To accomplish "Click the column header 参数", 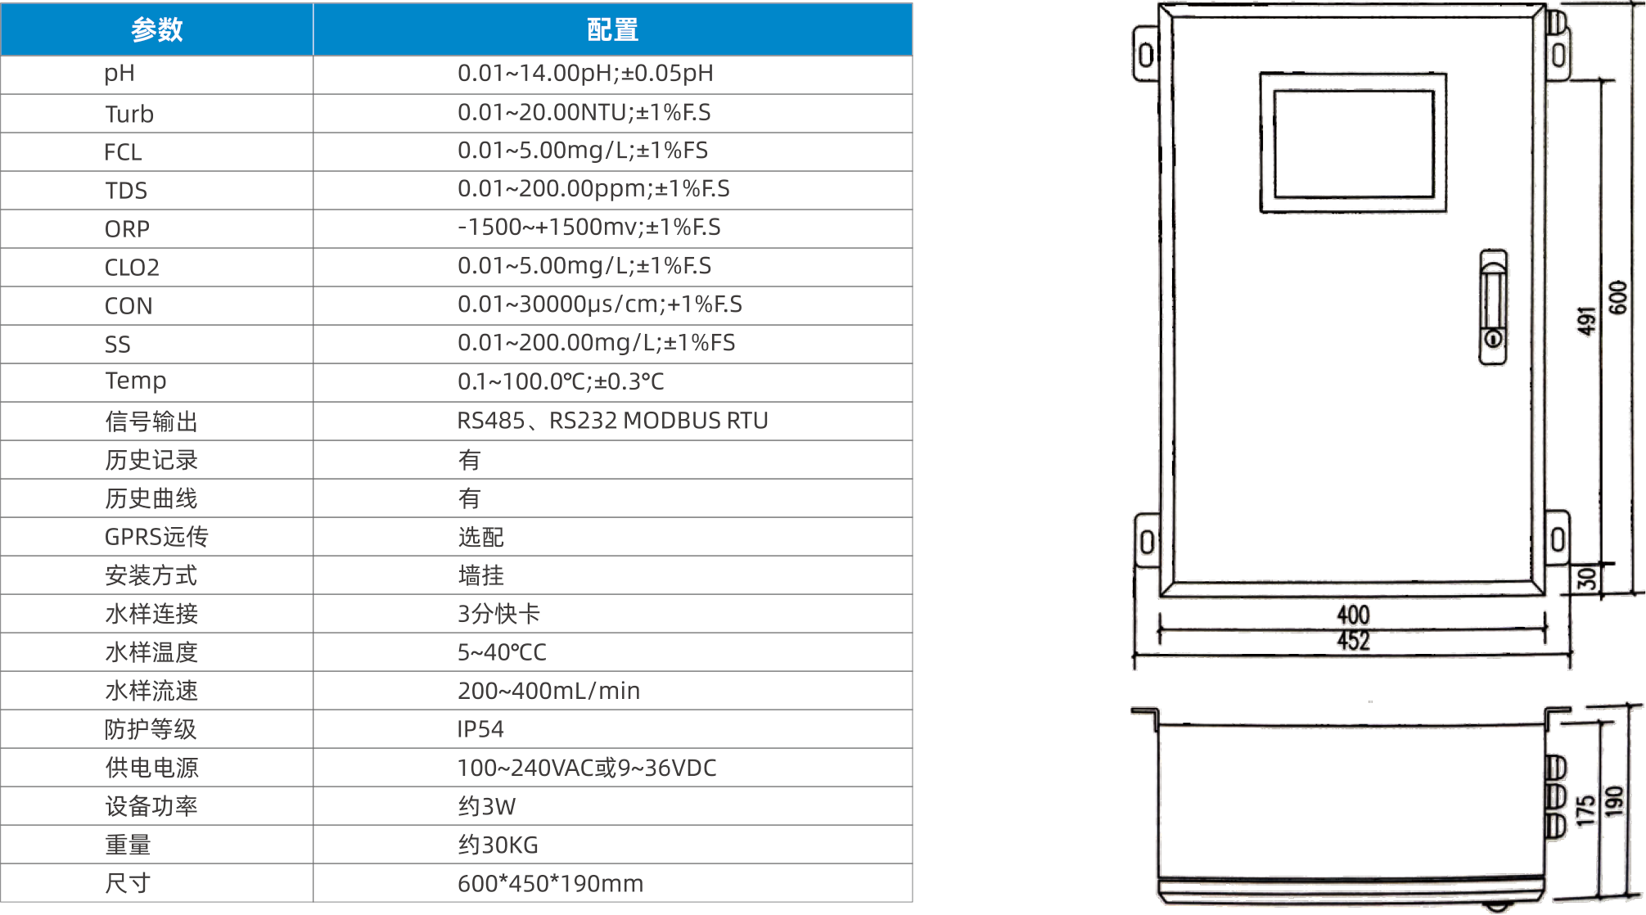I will [156, 30].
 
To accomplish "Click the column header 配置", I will [612, 30].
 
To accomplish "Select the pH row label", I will [120, 74].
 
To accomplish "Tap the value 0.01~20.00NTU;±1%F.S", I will [584, 112].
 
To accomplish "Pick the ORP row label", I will [127, 229].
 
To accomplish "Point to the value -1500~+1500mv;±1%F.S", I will [589, 228].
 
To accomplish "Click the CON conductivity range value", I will [599, 304].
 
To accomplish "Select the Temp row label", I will [136, 381].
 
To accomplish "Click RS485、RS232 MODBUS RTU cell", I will [612, 421].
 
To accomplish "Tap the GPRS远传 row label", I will [156, 537].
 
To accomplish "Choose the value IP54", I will [480, 729].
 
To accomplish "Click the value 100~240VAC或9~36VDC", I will [587, 768].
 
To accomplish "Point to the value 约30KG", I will [498, 845].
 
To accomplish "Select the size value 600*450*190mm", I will [550, 884].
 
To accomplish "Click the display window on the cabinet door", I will [1353, 143].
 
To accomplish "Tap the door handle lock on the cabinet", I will [1493, 307].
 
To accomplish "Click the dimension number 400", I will [1353, 615].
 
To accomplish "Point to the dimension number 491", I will [1587, 321].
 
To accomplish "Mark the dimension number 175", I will [1586, 810].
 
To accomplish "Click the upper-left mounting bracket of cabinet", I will [1146, 54].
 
